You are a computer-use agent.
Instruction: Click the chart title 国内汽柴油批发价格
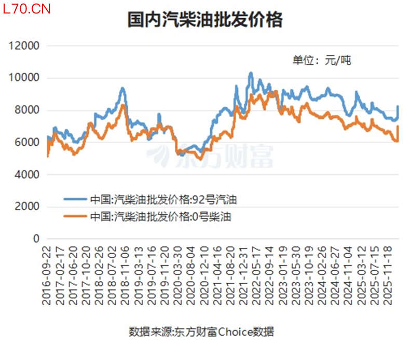click(205, 20)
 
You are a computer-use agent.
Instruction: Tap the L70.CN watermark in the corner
click(26, 9)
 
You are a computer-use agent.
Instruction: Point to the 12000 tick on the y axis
click(24, 46)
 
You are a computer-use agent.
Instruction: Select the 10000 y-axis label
click(24, 78)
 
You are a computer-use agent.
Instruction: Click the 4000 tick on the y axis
click(27, 174)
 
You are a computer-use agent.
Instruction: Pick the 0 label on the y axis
click(36, 239)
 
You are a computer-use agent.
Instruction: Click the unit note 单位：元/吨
click(322, 61)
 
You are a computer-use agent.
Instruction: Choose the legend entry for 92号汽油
click(150, 200)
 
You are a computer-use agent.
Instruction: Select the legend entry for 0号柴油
click(147, 217)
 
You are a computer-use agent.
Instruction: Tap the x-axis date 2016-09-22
click(46, 275)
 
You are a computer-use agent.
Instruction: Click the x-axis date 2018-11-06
click(125, 275)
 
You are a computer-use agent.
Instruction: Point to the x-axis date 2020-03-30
click(177, 275)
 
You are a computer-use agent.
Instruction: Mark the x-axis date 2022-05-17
click(256, 275)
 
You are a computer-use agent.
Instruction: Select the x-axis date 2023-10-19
click(309, 275)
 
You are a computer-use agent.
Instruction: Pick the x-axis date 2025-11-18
click(388, 275)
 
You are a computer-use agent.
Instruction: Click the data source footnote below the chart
click(201, 332)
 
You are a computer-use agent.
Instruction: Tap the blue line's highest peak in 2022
click(251, 73)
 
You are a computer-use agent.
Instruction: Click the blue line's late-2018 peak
click(122, 88)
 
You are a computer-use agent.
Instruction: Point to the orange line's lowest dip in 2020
click(201, 159)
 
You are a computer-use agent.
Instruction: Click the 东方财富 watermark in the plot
click(210, 156)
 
